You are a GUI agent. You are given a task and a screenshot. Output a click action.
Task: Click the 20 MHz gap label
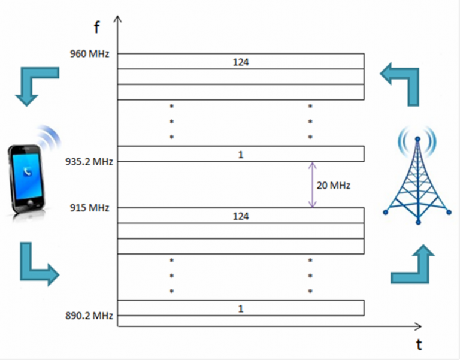pyautogui.click(x=333, y=185)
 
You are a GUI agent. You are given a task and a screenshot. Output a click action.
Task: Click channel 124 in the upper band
pyautogui.click(x=241, y=61)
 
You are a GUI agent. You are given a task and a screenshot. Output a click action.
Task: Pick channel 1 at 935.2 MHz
pyautogui.click(x=241, y=154)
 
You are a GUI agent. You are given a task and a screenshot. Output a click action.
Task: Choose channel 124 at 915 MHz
pyautogui.click(x=241, y=216)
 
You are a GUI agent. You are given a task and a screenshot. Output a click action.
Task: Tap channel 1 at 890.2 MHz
pyautogui.click(x=241, y=308)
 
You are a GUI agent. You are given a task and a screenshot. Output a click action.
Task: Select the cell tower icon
pyautogui.click(x=417, y=176)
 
